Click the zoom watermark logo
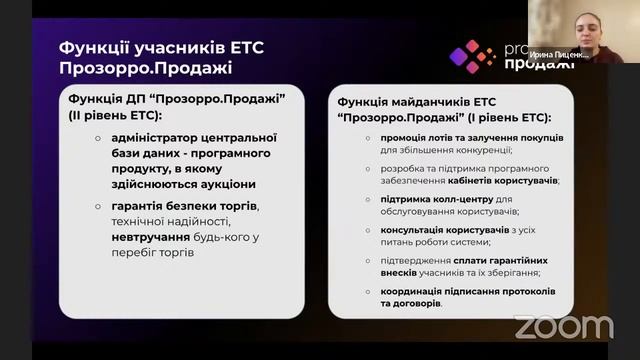pos(563,327)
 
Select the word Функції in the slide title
pos(96,47)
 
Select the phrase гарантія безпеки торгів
pos(185,206)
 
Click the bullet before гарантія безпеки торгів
pos(98,206)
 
